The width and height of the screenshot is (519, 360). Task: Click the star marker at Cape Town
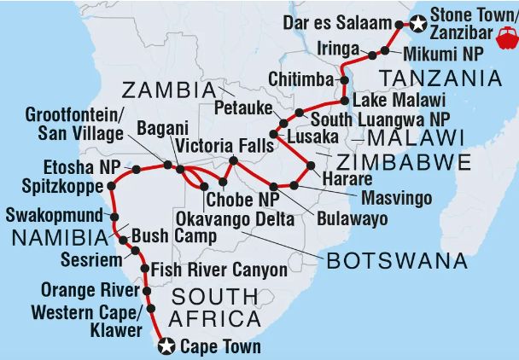coord(166,346)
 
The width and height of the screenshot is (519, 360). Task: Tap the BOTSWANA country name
coord(398,260)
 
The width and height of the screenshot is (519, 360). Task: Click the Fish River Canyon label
coord(219,270)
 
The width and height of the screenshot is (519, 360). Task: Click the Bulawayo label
coord(351,218)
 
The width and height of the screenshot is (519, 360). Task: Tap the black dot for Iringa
coord(373,55)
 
